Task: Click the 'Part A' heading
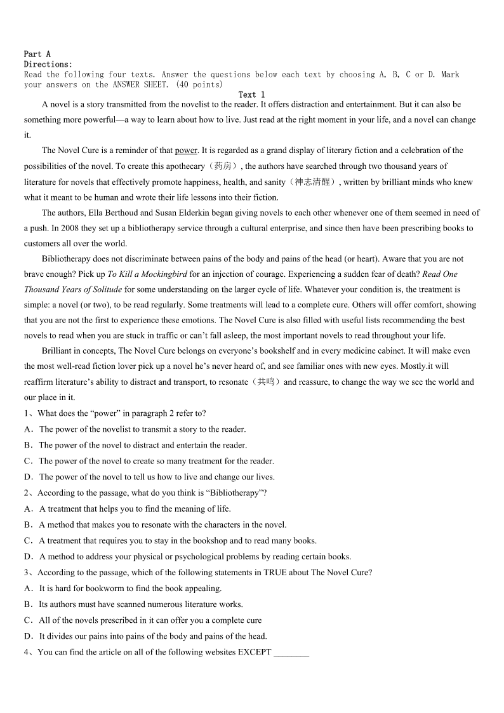coord(37,55)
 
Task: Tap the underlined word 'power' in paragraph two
coord(186,150)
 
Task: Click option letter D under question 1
coord(28,477)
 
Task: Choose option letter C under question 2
coord(28,541)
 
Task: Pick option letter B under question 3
coord(28,604)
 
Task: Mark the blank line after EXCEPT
coord(291,654)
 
